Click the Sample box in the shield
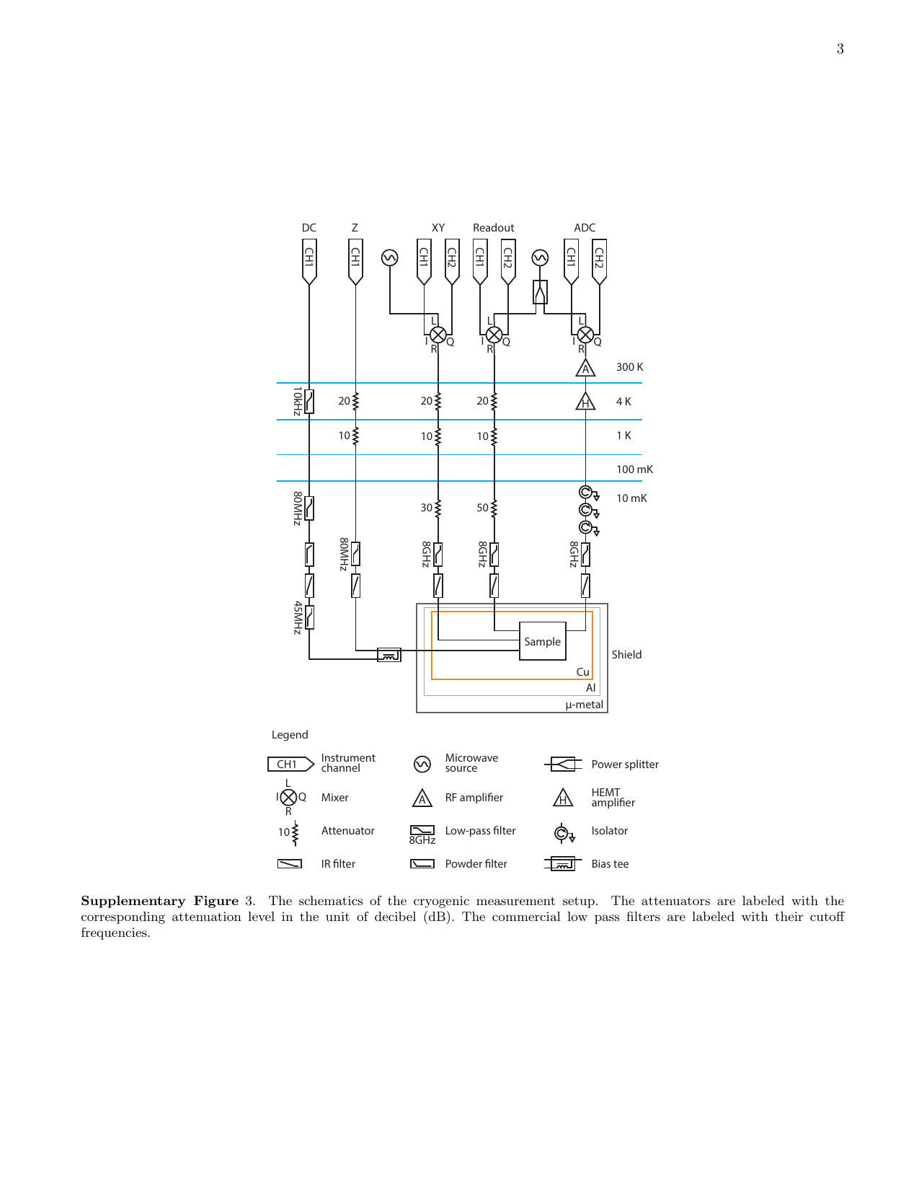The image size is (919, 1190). (542, 640)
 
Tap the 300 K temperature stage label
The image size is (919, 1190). (629, 367)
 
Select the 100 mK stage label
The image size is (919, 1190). (634, 470)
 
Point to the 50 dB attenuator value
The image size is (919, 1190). (481, 508)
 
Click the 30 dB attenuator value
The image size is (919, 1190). (426, 508)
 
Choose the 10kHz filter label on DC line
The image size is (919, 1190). (297, 402)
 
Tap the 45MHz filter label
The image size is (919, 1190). (297, 618)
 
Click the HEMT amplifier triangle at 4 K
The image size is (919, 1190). (585, 402)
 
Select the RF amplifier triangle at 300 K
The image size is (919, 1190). (585, 368)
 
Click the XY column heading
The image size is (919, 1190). (438, 228)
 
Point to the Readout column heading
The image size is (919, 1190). (493, 228)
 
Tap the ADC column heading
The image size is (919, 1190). (585, 228)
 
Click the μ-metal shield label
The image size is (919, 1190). (584, 705)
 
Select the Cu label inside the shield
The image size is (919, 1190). (582, 672)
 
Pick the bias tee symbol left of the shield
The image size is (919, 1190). (389, 654)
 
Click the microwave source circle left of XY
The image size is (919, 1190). (389, 257)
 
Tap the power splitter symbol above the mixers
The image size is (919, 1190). (540, 292)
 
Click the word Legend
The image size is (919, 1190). (290, 735)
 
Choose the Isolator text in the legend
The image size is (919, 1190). (609, 831)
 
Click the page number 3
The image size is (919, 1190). (840, 49)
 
